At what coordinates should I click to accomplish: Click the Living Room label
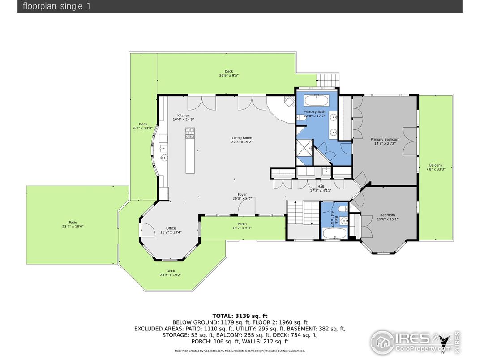pos(242,138)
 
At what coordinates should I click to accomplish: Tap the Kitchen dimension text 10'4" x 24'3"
pos(184,120)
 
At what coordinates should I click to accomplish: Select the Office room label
pos(171,228)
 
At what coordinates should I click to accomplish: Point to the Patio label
pos(73,222)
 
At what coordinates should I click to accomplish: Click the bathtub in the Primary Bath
pos(316,101)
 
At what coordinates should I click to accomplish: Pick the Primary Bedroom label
pos(385,139)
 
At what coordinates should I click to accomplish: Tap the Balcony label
pos(436,165)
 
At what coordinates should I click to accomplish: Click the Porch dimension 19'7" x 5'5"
pos(242,228)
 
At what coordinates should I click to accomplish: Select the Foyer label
pos(242,194)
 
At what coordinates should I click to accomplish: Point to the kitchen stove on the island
pos(189,133)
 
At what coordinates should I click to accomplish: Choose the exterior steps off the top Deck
pos(328,81)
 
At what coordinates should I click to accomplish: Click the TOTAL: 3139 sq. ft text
pos(240,316)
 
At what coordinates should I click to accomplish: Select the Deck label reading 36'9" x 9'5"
pos(229,75)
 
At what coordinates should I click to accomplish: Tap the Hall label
pos(321,186)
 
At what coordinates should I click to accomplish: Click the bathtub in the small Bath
pos(334,234)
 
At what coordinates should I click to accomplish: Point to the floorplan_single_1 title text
pos(56,6)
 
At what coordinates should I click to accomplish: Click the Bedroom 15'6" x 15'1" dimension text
pos(388,219)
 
